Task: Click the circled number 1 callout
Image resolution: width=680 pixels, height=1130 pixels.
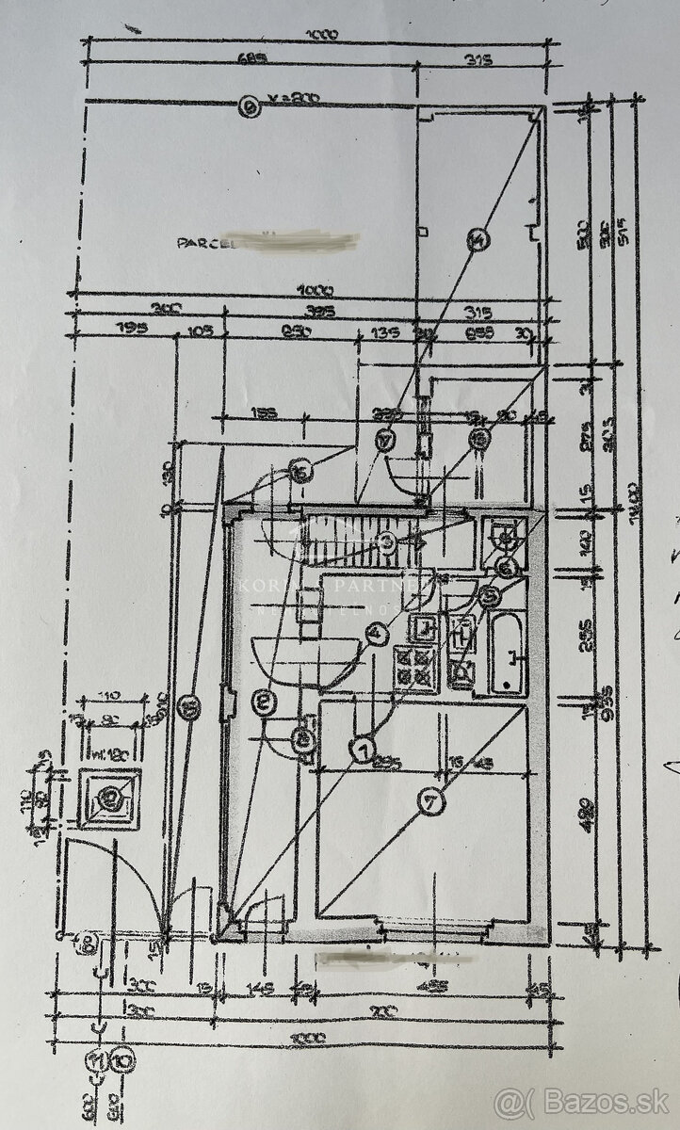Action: [363, 750]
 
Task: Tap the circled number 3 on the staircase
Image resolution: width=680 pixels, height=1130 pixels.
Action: [387, 541]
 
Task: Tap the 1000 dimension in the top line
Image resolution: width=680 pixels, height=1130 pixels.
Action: [323, 35]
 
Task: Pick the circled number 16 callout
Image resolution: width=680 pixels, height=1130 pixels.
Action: [301, 474]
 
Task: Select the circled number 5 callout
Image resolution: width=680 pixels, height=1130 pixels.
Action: [488, 595]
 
